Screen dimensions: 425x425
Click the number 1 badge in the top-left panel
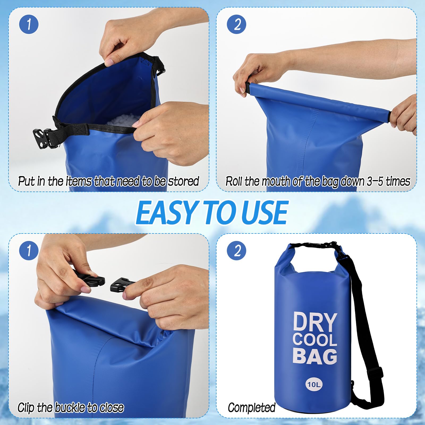tap(29, 24)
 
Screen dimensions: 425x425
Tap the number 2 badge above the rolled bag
tap(237, 24)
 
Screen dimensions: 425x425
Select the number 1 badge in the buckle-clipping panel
tap(29, 250)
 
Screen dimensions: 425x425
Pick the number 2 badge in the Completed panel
tap(237, 250)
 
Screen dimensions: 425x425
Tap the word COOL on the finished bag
tap(315, 340)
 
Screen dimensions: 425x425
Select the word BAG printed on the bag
tap(315, 356)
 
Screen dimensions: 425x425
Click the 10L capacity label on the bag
tap(314, 384)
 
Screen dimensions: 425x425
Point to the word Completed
tap(252, 408)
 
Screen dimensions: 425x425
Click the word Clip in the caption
tap(26, 408)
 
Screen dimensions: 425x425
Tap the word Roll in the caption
tap(234, 181)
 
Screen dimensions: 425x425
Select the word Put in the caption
tap(26, 181)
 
